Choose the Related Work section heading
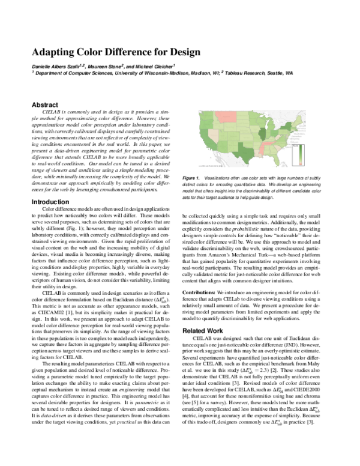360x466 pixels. (203, 330)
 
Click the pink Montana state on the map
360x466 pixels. (226, 115)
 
